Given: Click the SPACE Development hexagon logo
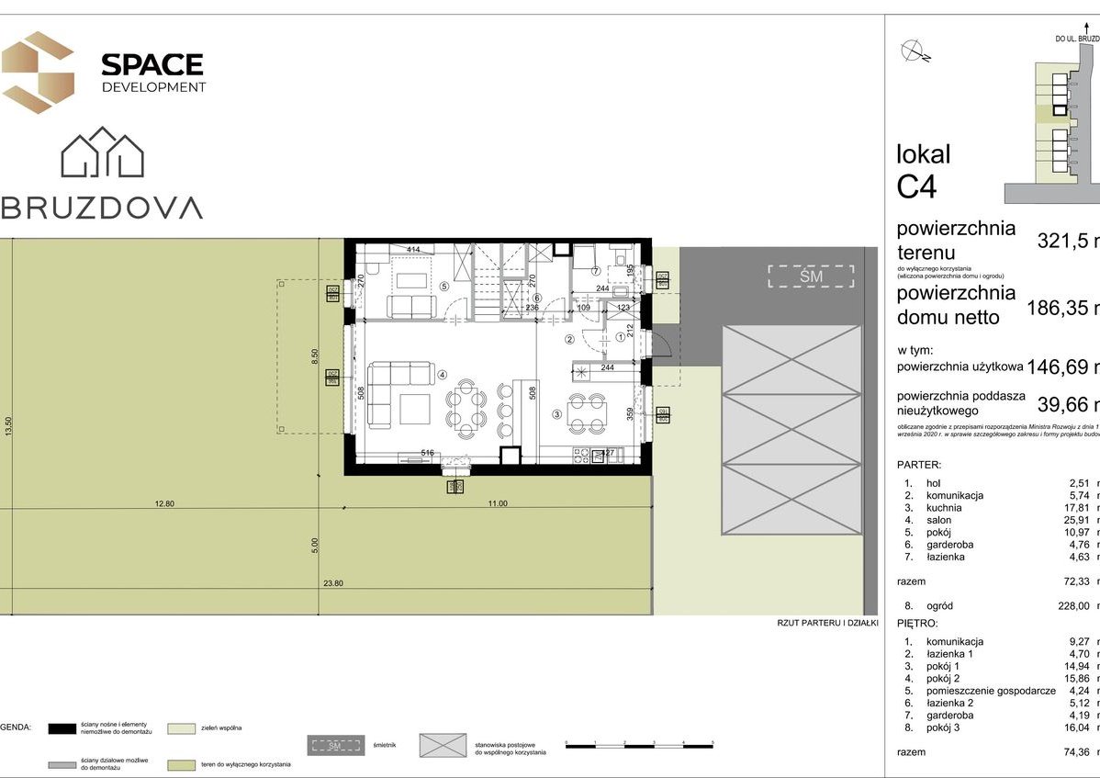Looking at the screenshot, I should (38, 72).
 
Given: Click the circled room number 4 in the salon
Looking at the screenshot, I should (442, 374).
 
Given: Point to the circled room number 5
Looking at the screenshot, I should (443, 286).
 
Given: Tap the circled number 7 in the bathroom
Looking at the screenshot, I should (595, 271).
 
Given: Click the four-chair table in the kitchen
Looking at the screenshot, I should (585, 412).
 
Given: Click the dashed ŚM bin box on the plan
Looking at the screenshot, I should (811, 276).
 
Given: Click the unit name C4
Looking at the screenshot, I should (916, 186).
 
